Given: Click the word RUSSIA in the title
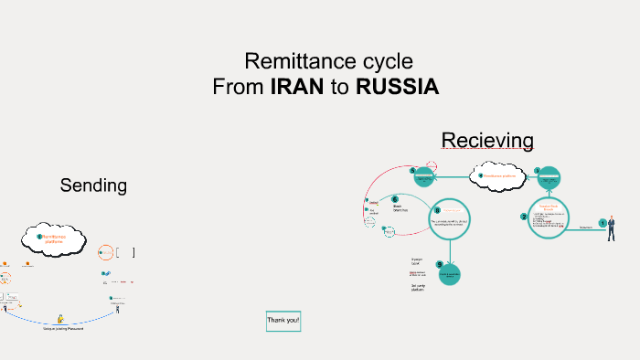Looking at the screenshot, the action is (398, 88).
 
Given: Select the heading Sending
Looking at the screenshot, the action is (93, 185).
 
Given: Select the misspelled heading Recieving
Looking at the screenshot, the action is (487, 140).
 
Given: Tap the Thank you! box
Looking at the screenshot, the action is (283, 322).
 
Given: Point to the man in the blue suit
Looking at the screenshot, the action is (612, 228).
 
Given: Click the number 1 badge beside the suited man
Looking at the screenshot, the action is (602, 222).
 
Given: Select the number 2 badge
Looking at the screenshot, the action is (524, 217).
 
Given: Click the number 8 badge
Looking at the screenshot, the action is (437, 208).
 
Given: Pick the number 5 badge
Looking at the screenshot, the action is (412, 170).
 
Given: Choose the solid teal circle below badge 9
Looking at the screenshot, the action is (449, 274).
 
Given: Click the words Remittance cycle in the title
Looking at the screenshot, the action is (328, 62).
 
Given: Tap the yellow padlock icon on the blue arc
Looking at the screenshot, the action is (60, 319).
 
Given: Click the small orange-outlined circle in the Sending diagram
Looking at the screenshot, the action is (106, 251).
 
